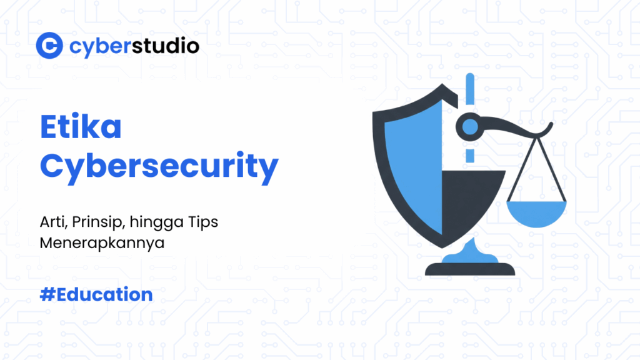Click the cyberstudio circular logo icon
click(x=49, y=45)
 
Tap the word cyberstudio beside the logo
click(x=134, y=46)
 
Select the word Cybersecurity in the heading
click(x=159, y=166)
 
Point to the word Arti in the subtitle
click(x=51, y=222)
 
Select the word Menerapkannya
click(x=102, y=243)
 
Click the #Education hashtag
click(x=96, y=294)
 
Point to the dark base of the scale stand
click(x=470, y=269)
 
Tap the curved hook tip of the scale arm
click(x=548, y=127)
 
